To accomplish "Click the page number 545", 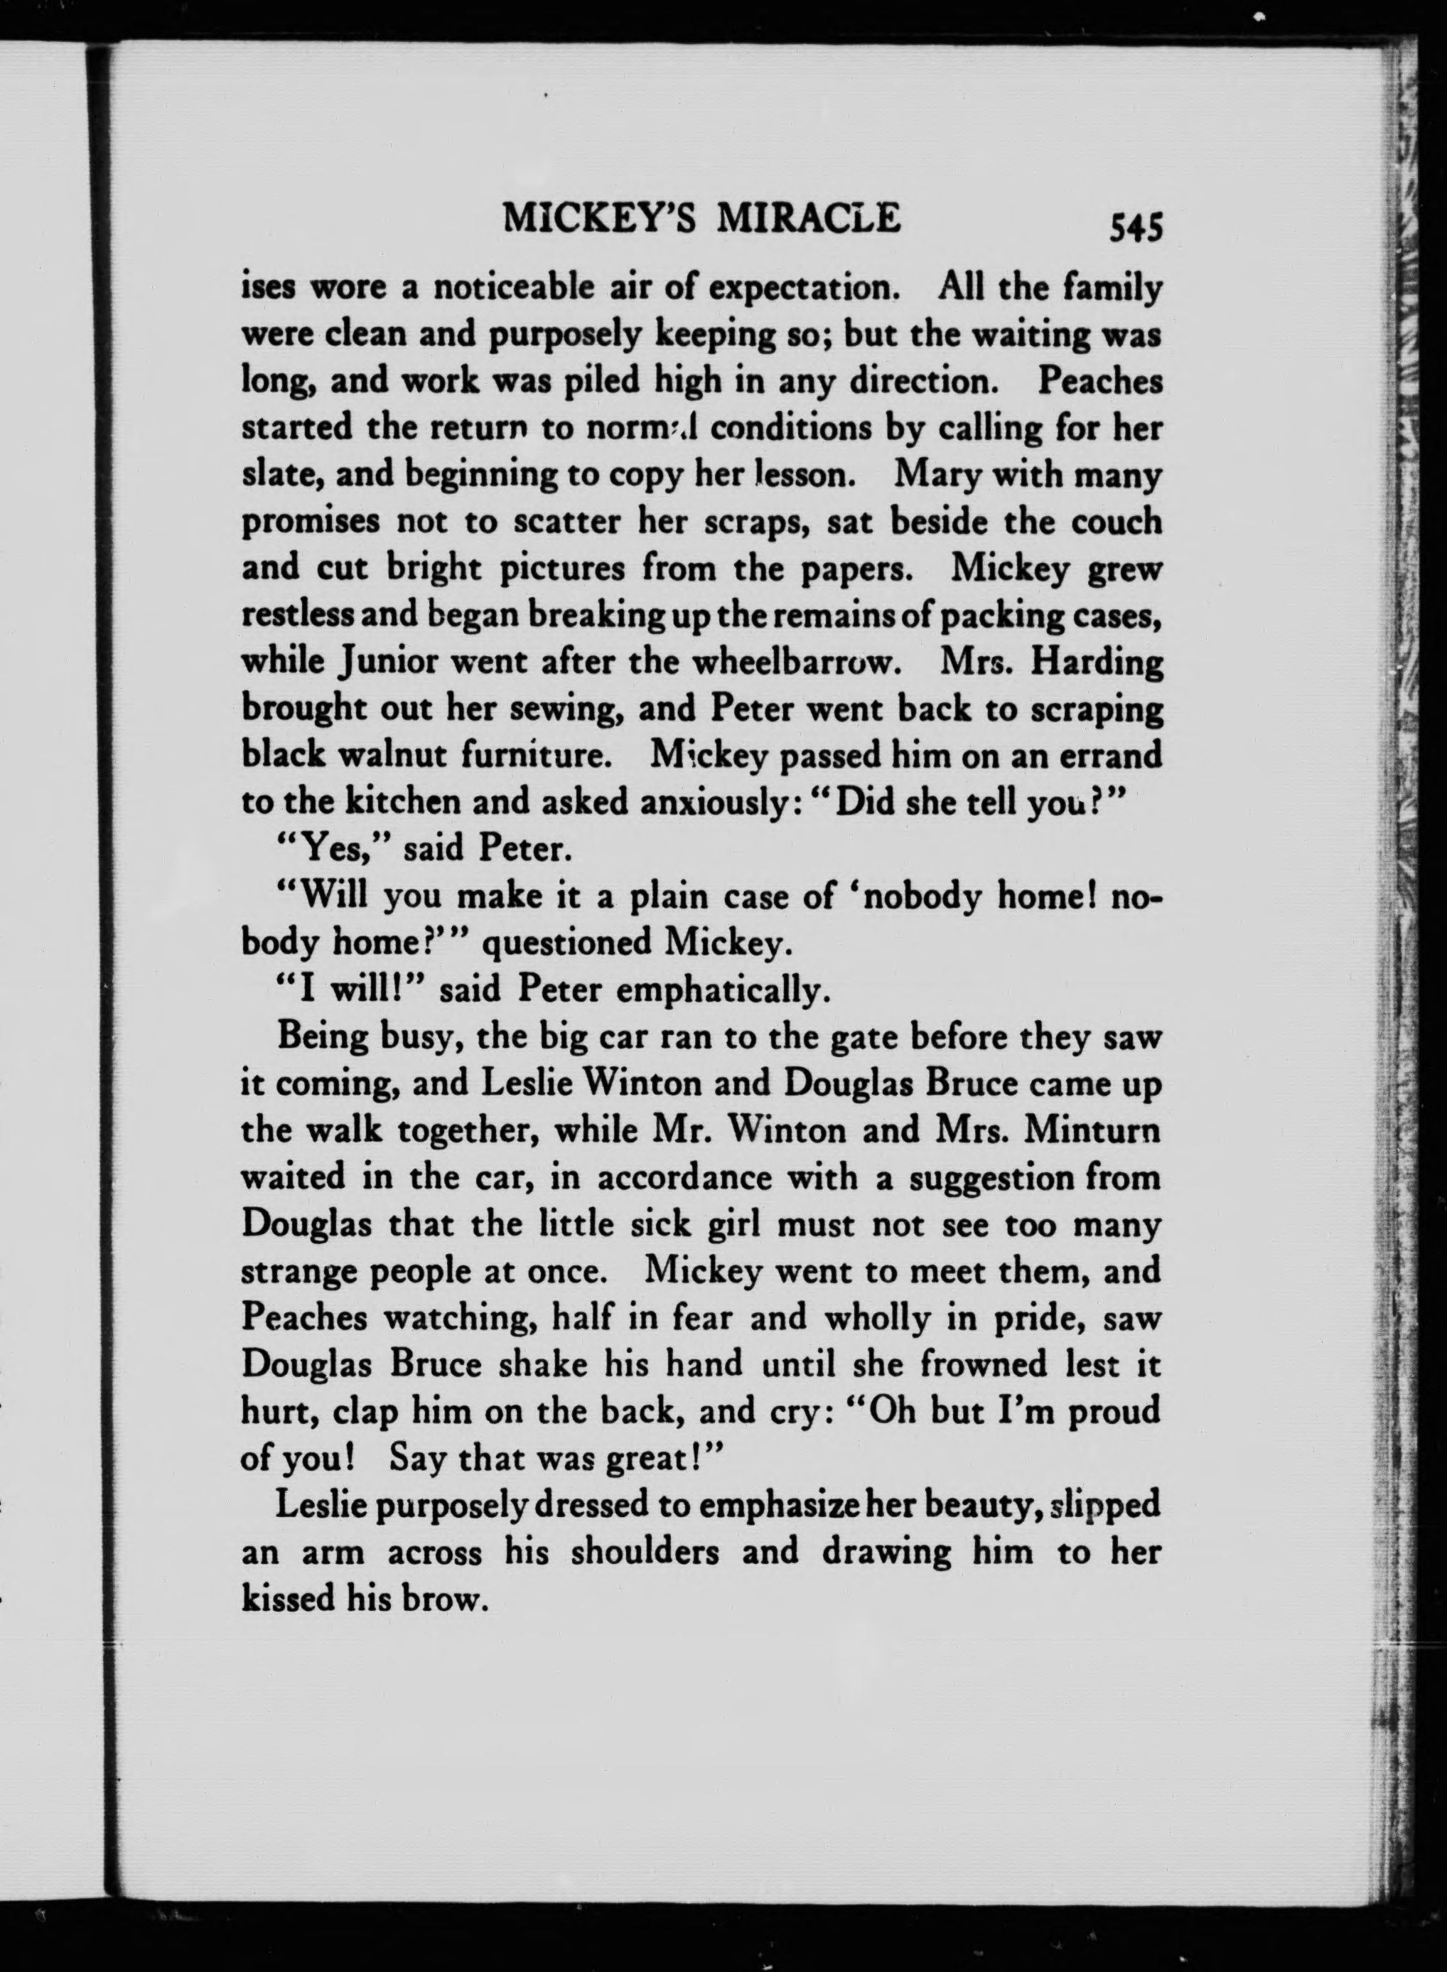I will [1135, 229].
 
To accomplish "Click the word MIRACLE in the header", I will [807, 218].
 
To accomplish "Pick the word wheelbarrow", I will [795, 663].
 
